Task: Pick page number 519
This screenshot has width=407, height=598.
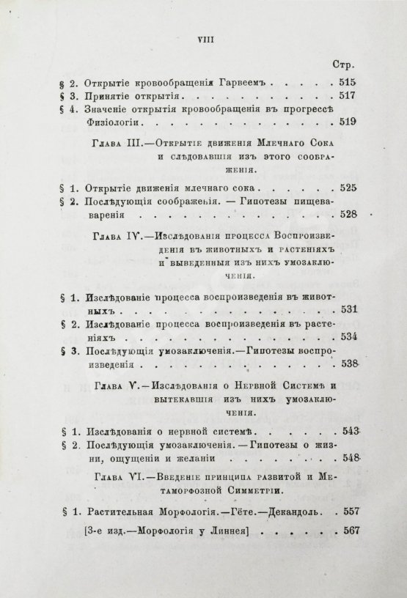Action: point(345,122)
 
